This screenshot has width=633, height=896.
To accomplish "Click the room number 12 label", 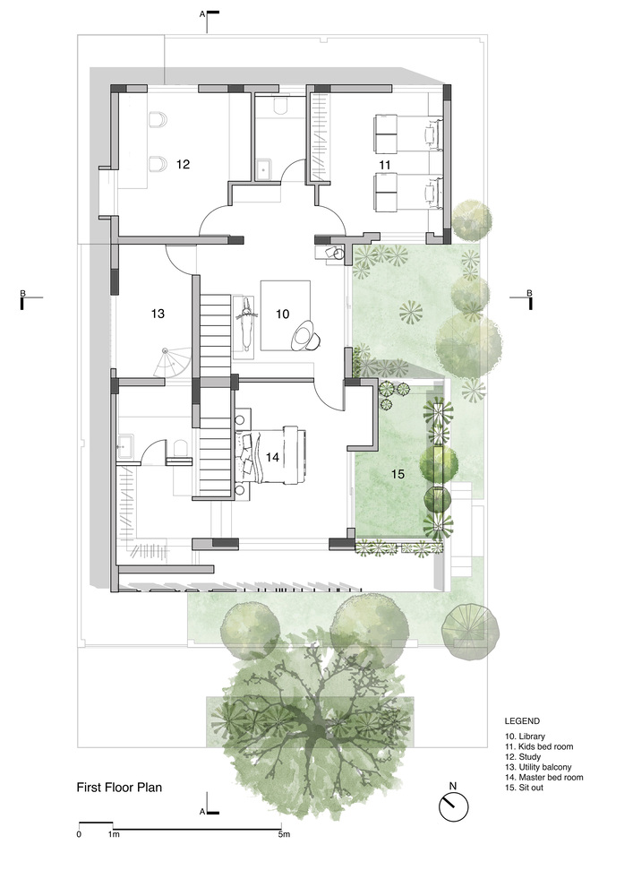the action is (183, 165).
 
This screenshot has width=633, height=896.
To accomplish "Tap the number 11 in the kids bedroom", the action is (385, 165).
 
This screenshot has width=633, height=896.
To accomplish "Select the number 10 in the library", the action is (283, 314).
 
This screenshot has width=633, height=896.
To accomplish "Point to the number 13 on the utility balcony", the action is (158, 314).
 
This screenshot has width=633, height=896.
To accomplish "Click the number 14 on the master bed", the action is (272, 457).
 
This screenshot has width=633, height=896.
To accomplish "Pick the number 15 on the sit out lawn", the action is (398, 474).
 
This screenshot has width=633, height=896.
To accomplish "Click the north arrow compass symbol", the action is (453, 807).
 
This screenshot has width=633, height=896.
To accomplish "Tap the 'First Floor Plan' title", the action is (119, 788).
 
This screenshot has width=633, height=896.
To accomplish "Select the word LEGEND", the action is (522, 721).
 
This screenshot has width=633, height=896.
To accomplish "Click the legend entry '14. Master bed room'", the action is (544, 777).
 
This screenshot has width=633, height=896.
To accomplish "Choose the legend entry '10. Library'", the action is (525, 736).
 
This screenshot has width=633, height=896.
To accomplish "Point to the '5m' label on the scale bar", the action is (284, 834).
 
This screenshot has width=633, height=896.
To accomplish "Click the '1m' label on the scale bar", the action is (114, 834).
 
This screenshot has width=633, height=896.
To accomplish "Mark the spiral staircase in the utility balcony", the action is (168, 362).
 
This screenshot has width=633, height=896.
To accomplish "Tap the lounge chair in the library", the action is (306, 335).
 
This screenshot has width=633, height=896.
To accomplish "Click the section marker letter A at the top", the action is (202, 14).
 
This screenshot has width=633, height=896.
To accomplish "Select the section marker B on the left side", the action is (23, 293).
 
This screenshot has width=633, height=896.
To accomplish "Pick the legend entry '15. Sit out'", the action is (524, 788).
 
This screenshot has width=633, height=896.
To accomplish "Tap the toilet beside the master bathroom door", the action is (180, 449).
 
